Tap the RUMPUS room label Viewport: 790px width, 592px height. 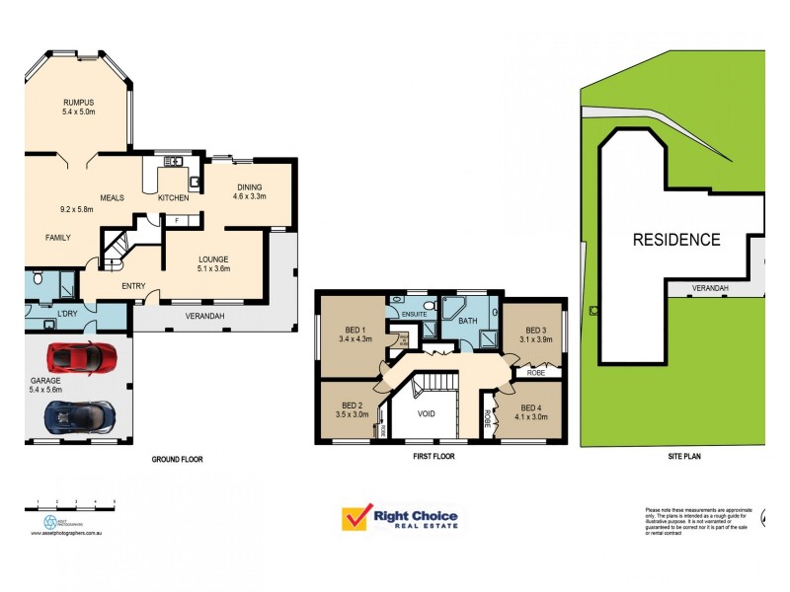(78, 104)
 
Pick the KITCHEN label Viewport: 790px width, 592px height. (173, 198)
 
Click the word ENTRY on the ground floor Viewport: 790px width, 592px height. (133, 287)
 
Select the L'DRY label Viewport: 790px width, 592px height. (67, 314)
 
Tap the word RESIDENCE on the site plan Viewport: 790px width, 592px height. (676, 239)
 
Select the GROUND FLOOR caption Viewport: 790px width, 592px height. (178, 460)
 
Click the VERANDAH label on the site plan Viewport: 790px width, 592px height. (709, 288)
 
